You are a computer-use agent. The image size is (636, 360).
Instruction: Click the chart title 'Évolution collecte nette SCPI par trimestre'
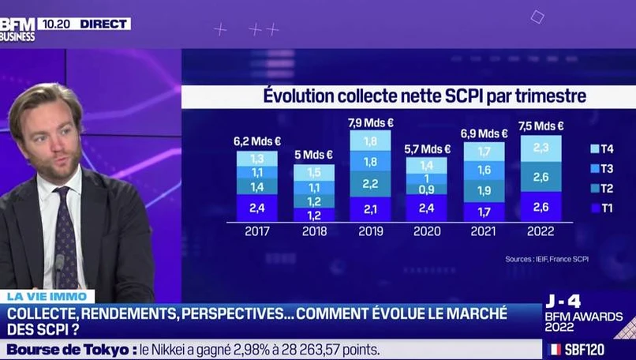[424, 96]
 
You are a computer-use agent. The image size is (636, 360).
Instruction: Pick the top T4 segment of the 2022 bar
[541, 148]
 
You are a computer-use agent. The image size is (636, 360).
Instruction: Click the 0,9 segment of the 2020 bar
[426, 189]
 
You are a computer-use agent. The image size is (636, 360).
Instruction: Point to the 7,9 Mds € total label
[370, 122]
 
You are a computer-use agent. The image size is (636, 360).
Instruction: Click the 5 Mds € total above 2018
[314, 155]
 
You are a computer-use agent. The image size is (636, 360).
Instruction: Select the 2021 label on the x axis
[484, 231]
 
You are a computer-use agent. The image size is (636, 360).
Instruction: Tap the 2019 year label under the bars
[370, 231]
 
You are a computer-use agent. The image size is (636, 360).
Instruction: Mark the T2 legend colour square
[594, 189]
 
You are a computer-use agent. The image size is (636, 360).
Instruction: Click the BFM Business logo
[17, 29]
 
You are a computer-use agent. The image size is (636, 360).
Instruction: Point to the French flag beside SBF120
[556, 348]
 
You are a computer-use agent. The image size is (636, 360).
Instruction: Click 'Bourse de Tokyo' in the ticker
[68, 349]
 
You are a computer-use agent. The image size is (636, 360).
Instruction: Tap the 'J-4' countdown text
[563, 301]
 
